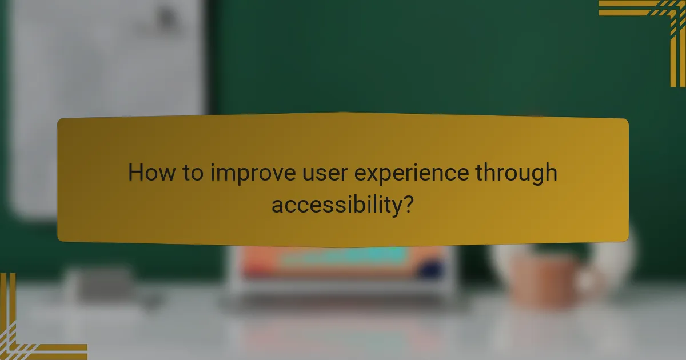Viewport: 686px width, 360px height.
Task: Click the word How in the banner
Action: click(151, 173)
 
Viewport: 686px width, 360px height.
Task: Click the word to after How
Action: click(192, 173)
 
